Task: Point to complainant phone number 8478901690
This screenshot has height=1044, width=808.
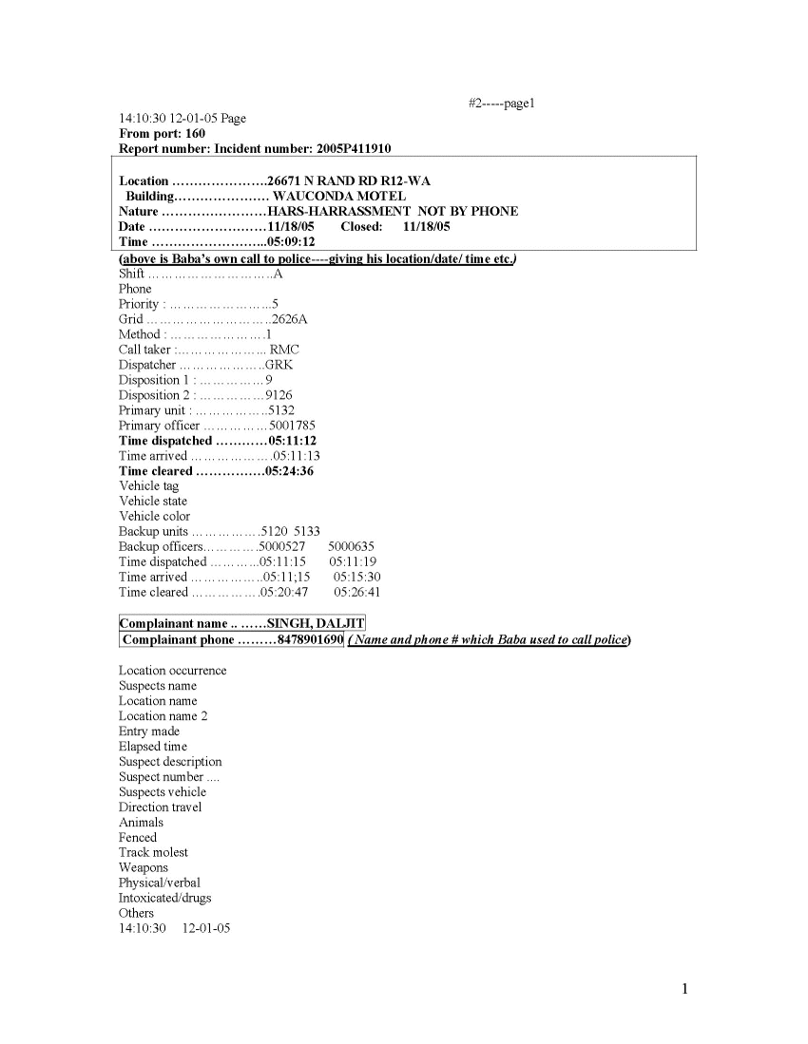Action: point(309,639)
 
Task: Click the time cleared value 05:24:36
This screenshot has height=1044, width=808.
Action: point(291,471)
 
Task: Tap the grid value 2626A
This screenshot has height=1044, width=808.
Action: point(289,319)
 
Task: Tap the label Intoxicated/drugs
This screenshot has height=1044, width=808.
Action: point(164,898)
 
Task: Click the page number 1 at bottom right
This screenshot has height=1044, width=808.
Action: point(684,990)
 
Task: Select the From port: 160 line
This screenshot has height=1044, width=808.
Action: point(162,134)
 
